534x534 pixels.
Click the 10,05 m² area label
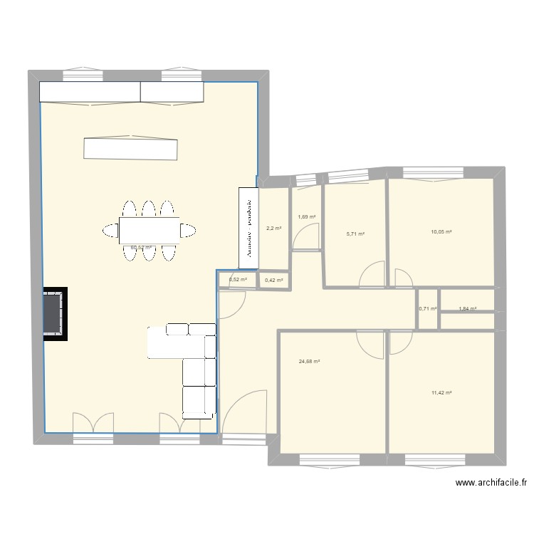[441, 232]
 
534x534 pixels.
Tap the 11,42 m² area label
[441, 392]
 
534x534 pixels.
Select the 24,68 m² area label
[310, 362]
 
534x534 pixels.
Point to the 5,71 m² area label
[355, 234]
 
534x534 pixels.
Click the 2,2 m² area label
[274, 229]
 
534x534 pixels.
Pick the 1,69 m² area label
[306, 217]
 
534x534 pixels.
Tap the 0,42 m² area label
[274, 281]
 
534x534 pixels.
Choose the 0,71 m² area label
[427, 309]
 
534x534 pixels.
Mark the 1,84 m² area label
[467, 309]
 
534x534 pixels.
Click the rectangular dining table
[149, 230]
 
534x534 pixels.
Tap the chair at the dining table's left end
[111, 230]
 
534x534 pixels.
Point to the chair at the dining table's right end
[187, 230]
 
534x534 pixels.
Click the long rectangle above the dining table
[130, 148]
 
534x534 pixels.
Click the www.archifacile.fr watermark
[491, 483]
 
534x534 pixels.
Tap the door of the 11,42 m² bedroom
[400, 345]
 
